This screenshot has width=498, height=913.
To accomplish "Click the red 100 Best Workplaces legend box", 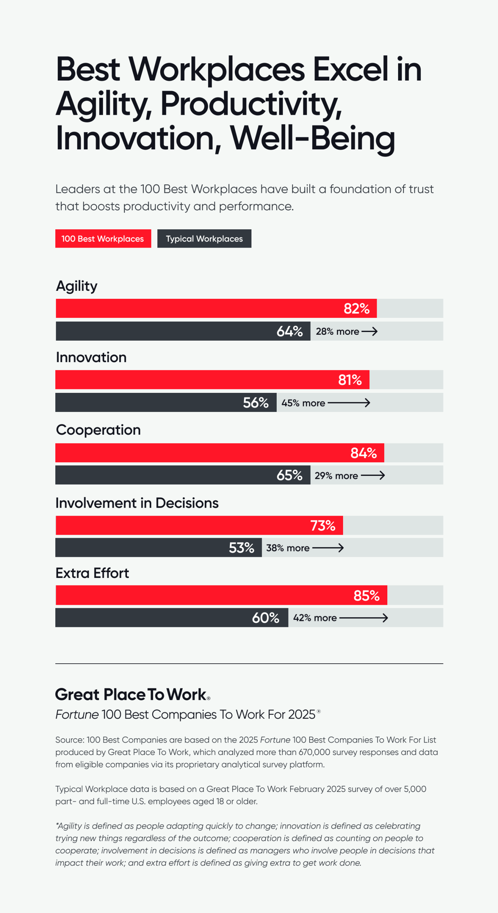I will tap(103, 239).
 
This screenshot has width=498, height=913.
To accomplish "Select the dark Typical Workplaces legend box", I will tap(204, 239).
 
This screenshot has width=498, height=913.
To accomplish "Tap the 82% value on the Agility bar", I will tap(356, 308).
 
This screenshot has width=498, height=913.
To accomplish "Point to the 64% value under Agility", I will tap(289, 331).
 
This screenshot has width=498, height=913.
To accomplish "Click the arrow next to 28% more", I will tap(369, 331).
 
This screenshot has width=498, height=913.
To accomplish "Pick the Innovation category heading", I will tap(91, 357).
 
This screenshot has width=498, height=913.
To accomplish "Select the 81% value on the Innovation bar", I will tap(350, 380).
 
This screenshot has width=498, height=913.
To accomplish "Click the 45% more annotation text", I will tap(303, 403).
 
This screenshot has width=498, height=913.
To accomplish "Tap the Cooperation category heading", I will tap(98, 430).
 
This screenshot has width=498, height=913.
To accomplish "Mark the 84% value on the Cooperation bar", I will tap(363, 453).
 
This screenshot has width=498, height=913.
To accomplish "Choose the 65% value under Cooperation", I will tap(289, 475).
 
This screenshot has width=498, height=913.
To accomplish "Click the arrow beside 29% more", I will tap(372, 475).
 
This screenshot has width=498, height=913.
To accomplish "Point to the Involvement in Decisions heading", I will tap(137, 503).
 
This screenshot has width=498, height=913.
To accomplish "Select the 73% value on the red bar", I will tap(323, 526).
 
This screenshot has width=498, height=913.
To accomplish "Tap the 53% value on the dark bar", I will tap(241, 548).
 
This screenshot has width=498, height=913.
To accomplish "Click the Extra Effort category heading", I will tap(92, 573).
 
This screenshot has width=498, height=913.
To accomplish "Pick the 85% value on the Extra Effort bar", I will tap(366, 596).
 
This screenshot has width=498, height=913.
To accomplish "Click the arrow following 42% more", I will tap(363, 618).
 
